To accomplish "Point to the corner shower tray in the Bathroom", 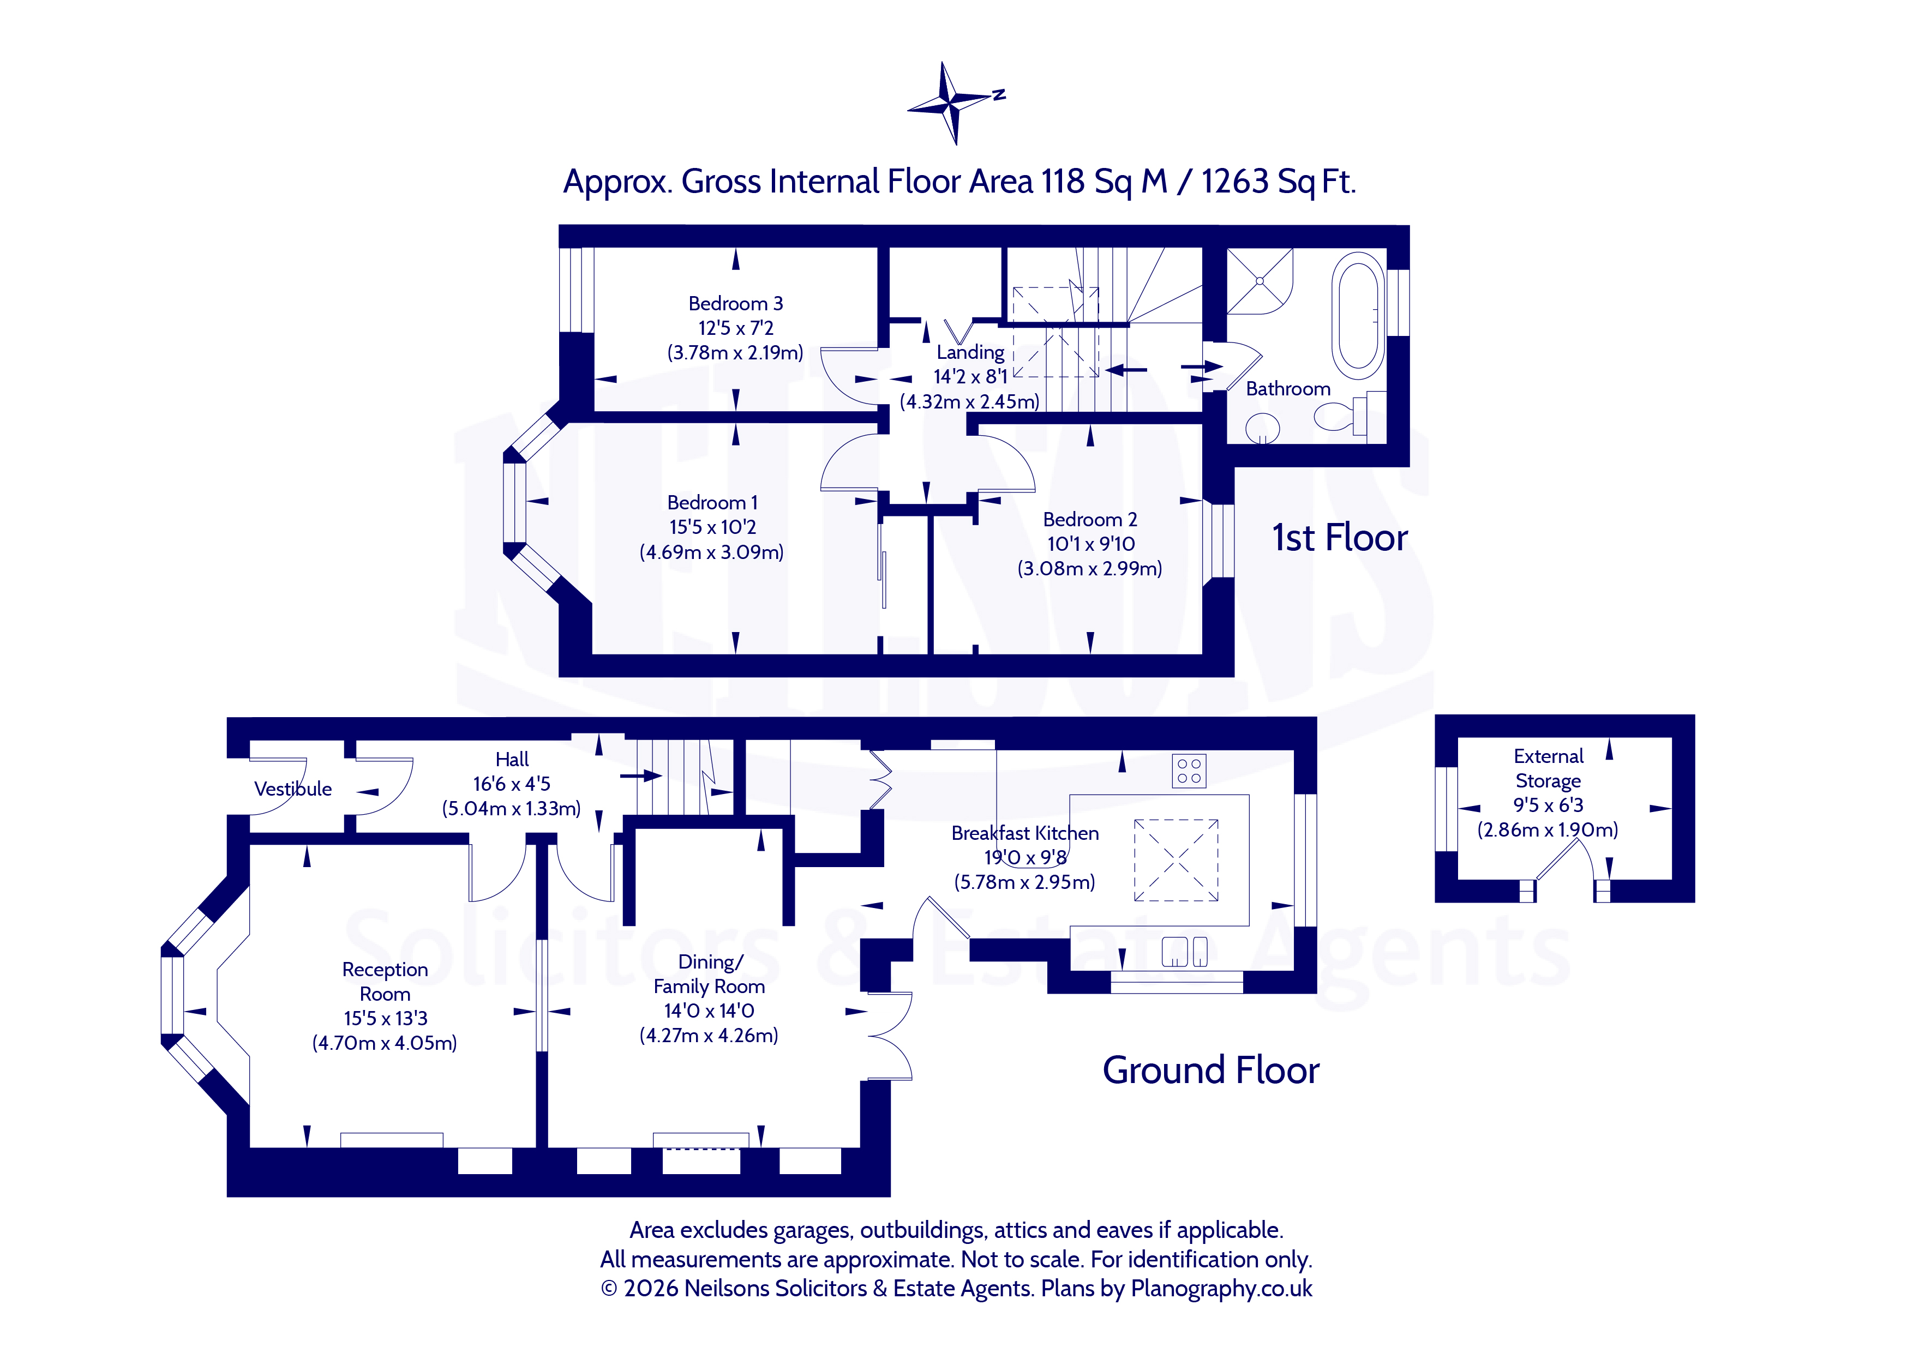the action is click(1259, 281).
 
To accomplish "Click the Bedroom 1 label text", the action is click(712, 502).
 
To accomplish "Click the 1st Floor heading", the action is click(1339, 538).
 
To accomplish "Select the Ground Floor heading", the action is click(1210, 1071).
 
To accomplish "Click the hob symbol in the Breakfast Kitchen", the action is click(1189, 771).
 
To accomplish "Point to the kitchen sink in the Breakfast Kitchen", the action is click(1184, 952).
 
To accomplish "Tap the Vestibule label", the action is click(292, 789).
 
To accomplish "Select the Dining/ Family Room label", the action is click(709, 974).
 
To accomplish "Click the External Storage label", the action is click(1548, 768).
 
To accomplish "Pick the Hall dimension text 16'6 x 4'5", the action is click(512, 784).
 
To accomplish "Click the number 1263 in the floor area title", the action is click(1235, 182).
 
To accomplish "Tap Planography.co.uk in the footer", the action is click(1221, 1289).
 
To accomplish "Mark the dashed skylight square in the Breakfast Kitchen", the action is click(1176, 860).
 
